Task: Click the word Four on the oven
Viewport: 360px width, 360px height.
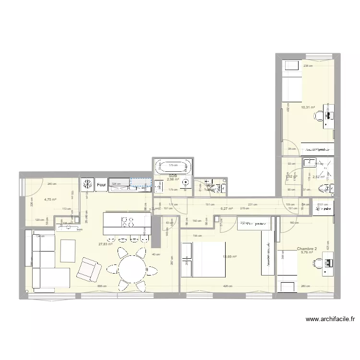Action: pos(101,184)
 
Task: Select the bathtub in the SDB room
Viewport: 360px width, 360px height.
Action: pos(173,168)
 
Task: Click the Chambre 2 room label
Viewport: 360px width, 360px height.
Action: pos(307,249)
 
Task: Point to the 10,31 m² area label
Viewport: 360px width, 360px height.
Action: pos(308,108)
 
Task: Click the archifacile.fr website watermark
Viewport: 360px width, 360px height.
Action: pos(331,320)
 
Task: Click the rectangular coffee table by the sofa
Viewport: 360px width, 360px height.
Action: pos(68,251)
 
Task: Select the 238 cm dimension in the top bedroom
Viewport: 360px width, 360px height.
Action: pos(308,66)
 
